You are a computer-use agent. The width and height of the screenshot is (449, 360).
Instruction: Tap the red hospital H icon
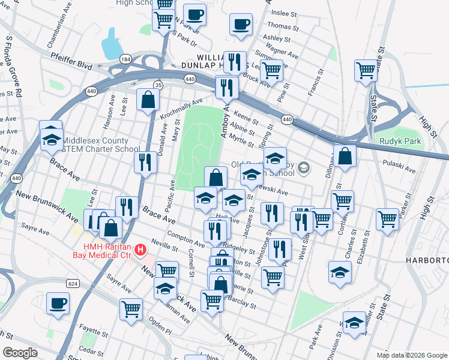[x=140, y=249]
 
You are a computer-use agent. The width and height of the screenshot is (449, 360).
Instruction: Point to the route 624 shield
[x=73, y=283]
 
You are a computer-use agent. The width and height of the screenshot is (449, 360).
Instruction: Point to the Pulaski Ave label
[x=400, y=166]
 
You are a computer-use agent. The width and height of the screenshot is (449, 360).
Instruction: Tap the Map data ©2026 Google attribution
[x=412, y=355]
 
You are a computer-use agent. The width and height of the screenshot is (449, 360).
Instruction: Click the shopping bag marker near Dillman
[x=345, y=155]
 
